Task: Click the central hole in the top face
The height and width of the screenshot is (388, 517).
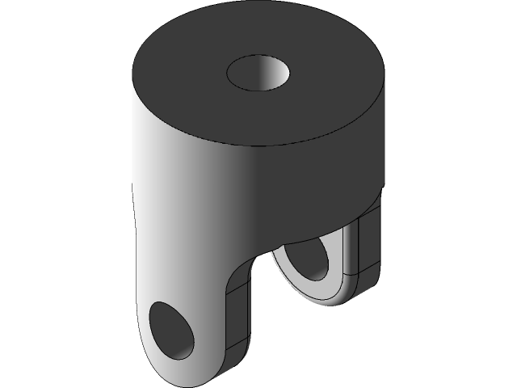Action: (x=257, y=74)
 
